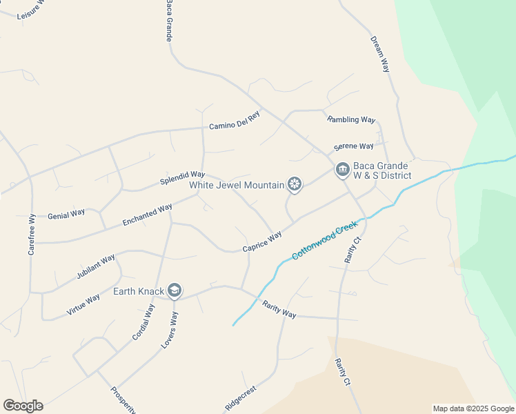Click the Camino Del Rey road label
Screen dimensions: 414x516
click(x=235, y=125)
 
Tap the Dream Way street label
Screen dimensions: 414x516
click(x=380, y=55)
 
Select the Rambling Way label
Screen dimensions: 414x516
click(x=352, y=119)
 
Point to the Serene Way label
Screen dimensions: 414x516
click(x=353, y=146)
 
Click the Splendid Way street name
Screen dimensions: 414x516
click(x=183, y=177)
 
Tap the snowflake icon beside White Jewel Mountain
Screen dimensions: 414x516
click(x=295, y=184)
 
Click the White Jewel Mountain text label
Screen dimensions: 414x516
click(x=237, y=185)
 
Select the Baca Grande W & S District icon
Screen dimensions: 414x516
click(x=342, y=170)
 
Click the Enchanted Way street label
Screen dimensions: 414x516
click(x=147, y=215)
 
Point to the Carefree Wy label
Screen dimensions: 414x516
click(x=32, y=235)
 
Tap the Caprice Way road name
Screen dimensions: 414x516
click(x=262, y=241)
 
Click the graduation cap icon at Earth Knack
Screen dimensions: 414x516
click(x=175, y=290)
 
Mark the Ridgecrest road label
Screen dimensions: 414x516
click(x=241, y=397)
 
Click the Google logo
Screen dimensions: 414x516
click(x=23, y=406)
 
